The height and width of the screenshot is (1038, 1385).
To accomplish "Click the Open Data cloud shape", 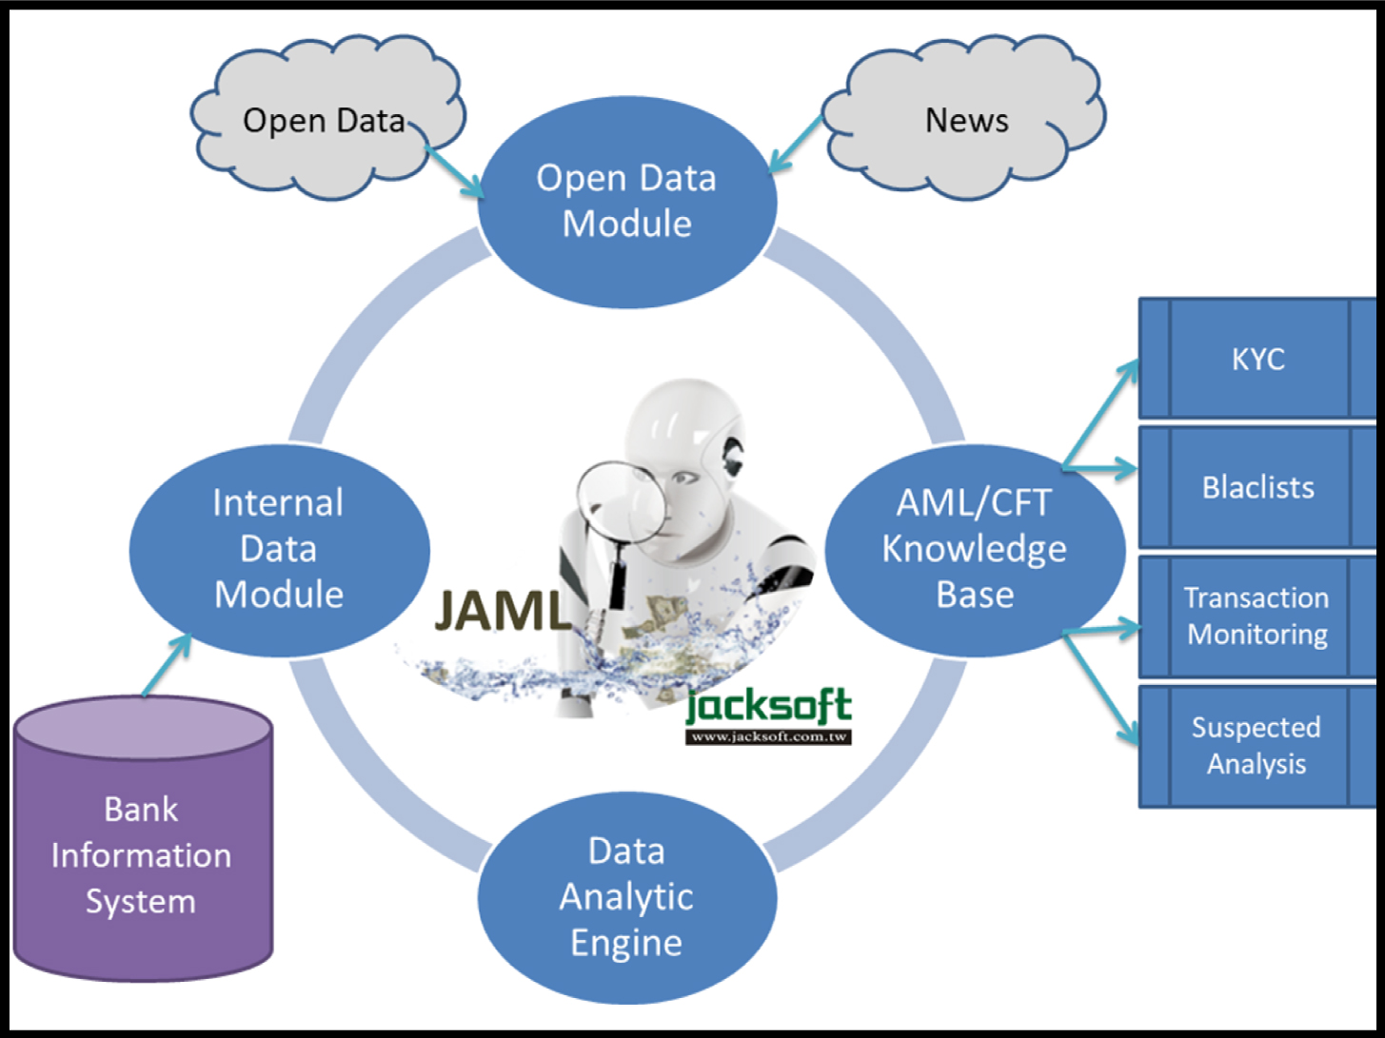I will point(324,120).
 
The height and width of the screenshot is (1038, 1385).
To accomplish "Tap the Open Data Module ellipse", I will point(626,201).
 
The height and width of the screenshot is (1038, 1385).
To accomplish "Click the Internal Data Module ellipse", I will point(279,549).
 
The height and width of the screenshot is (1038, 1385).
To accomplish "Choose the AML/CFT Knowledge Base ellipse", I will point(974,549).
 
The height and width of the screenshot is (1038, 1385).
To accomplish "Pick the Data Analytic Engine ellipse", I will point(626,896).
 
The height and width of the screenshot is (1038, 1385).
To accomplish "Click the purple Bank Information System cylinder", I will point(143,847).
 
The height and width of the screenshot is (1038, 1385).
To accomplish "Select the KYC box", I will point(1257,359).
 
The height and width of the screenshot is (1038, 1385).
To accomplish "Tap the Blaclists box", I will point(1257,487).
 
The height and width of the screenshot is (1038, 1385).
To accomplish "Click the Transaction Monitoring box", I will point(1257,616).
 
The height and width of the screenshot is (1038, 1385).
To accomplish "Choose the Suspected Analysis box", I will point(1257,745).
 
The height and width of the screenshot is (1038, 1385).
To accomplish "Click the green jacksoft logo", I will point(768,706).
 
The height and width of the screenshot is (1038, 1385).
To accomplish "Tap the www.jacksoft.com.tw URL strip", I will point(768,736).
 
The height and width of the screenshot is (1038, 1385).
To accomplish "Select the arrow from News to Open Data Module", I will point(796,145).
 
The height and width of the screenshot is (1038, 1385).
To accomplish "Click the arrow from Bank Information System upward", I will point(167,666).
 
